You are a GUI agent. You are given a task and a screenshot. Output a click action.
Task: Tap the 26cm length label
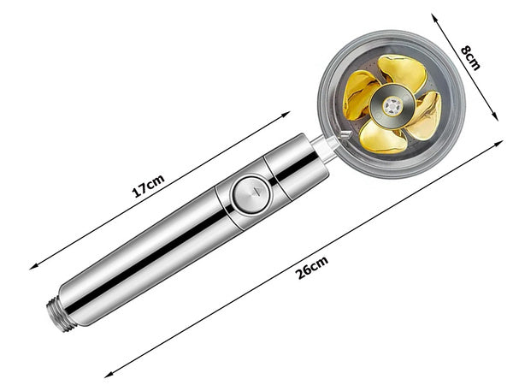312,270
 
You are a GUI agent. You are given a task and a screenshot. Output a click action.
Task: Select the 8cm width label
471,58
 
